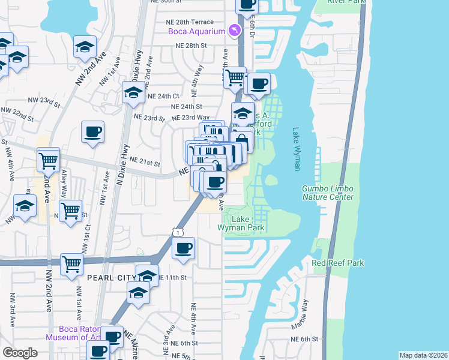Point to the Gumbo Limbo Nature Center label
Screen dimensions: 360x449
coord(327,193)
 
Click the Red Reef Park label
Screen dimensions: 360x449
coord(338,263)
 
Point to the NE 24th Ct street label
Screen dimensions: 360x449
coord(163,96)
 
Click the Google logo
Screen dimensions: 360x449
coord(20,353)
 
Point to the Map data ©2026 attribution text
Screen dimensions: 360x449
coord(424,355)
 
